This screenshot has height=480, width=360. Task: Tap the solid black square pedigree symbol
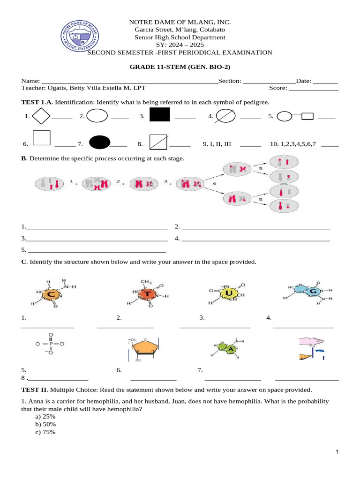tap(159, 115)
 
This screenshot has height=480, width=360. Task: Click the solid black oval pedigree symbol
tap(99, 142)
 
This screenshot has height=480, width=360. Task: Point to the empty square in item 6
tap(42, 138)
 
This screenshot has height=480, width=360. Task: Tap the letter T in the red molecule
tap(148, 293)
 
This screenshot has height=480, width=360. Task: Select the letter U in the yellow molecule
tap(229, 293)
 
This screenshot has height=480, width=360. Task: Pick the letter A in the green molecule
tap(230, 349)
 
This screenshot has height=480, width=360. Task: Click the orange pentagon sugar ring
tap(143, 348)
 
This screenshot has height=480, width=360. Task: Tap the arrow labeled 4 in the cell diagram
tap(214, 184)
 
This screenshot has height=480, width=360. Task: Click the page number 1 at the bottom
tap(337, 451)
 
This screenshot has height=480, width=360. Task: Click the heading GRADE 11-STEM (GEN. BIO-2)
tap(180, 67)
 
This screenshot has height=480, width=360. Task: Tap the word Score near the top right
tap(277, 88)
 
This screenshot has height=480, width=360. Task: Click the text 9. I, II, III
tap(217, 144)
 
